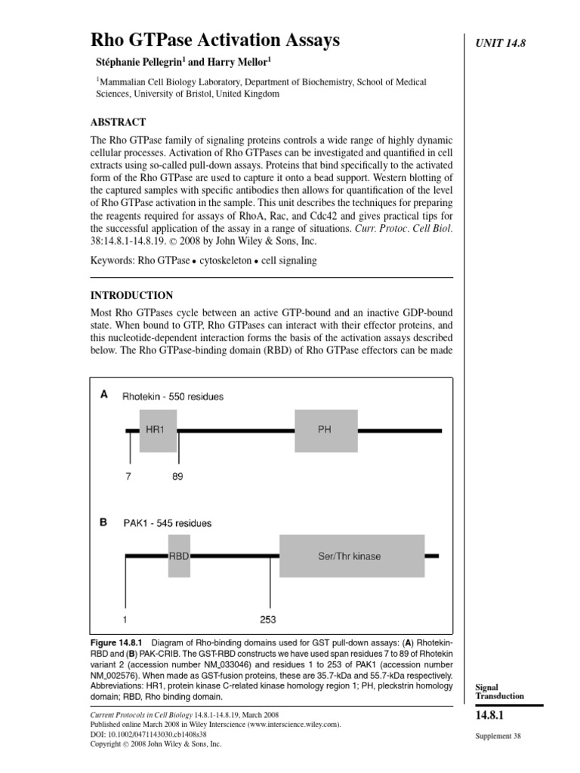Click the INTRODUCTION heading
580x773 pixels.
point(134,295)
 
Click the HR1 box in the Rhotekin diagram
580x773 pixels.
point(158,431)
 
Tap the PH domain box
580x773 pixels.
point(325,431)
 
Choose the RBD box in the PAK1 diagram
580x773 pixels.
point(179,556)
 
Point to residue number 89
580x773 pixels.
point(177,477)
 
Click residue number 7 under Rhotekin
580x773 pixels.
point(129,477)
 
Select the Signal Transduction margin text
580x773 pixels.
point(498,691)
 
